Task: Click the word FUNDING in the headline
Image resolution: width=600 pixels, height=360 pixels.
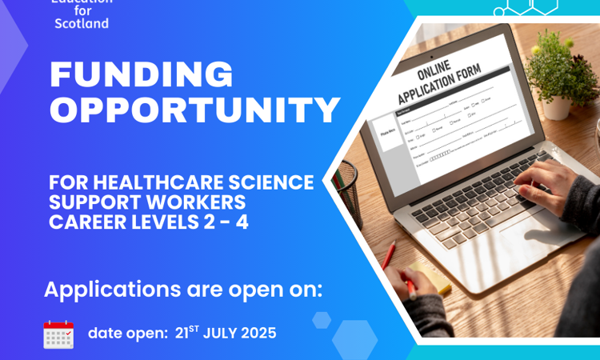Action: click(x=142, y=75)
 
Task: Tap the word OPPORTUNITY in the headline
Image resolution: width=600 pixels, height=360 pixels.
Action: click(x=195, y=111)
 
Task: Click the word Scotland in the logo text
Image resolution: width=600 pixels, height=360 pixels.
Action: click(x=82, y=23)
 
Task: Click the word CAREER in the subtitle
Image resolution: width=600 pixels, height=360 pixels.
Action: click(x=82, y=222)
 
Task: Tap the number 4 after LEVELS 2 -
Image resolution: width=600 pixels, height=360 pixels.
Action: click(x=242, y=222)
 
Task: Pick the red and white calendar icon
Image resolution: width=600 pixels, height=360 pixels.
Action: click(x=58, y=334)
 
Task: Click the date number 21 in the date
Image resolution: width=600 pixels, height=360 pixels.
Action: click(x=183, y=334)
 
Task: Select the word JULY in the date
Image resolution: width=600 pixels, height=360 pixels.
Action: click(x=222, y=334)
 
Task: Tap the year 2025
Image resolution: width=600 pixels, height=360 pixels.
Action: click(x=260, y=334)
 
